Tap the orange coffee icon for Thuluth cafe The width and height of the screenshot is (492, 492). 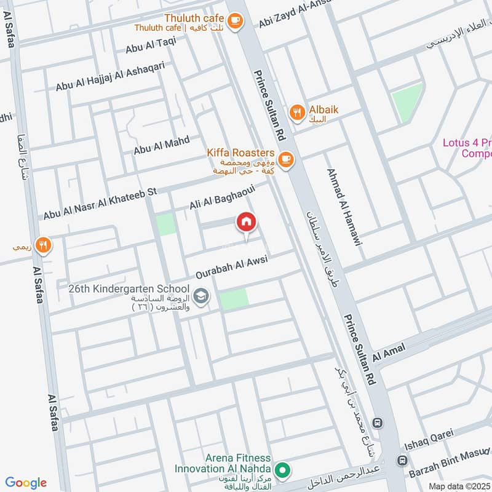tap(234, 22)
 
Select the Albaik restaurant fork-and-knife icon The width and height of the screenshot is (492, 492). tap(298, 112)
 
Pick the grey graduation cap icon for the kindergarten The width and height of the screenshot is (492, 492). tap(201, 296)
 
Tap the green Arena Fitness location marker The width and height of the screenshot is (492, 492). tap(282, 471)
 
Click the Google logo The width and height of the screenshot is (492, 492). tap(26, 483)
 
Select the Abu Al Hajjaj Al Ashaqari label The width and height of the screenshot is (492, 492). tap(110, 78)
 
